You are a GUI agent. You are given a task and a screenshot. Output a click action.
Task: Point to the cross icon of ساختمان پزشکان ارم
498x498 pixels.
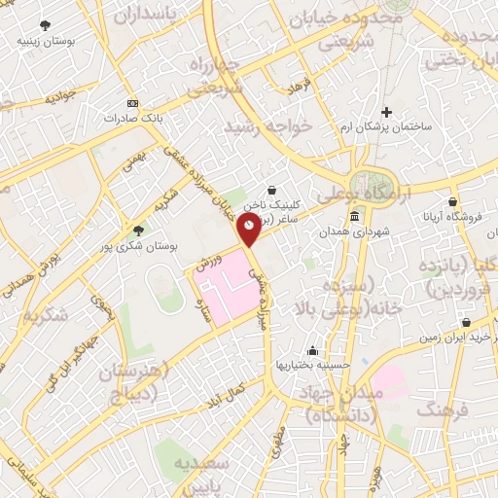click(x=387, y=113)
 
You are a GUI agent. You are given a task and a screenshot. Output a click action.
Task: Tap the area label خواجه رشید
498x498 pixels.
click(x=261, y=126)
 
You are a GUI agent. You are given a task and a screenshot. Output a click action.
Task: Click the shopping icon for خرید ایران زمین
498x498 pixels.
click(x=468, y=321)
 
